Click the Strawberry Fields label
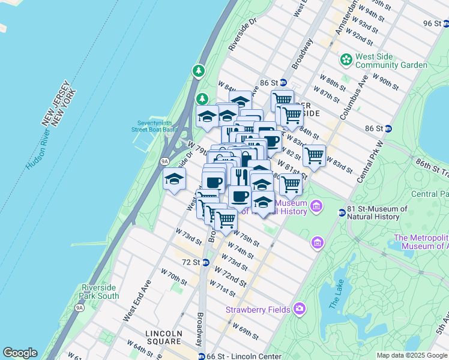pos(258,310)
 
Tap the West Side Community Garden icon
pos(346,59)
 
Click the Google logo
pos(20,353)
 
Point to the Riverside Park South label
pos(99,292)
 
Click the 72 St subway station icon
pos(206,262)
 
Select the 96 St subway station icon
pos(444,23)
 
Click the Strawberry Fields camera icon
pos(299,310)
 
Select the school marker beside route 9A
pos(175,179)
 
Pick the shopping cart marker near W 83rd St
pos(314,156)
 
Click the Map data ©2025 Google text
pos(412,355)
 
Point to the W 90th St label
pos(385,79)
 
